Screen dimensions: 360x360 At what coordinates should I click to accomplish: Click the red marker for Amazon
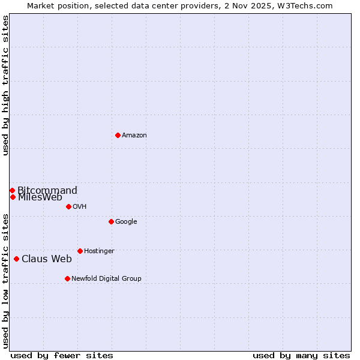coord(118,135)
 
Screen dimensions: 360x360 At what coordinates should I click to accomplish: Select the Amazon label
coord(134,136)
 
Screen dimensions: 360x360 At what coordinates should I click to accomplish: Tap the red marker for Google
coord(111,221)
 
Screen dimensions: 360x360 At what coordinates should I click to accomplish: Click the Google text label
coord(126,222)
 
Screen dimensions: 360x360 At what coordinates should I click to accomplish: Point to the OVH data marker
coord(68,206)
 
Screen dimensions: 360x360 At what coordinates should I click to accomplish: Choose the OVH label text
coord(80,207)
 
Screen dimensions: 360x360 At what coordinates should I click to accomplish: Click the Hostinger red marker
coord(80,251)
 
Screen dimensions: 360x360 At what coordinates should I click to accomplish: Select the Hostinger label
coord(99,251)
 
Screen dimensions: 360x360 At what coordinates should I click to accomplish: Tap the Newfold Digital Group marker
coord(67,278)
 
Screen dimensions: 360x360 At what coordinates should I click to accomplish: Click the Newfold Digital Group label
coord(106,279)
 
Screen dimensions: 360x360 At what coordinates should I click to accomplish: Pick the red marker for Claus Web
coord(16,259)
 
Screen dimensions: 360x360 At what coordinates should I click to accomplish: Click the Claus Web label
coord(47,259)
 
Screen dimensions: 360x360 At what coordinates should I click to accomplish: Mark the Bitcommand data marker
coord(12,190)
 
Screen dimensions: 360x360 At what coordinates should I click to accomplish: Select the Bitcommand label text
coord(47,191)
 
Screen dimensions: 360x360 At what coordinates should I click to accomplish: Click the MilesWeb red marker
coord(13,197)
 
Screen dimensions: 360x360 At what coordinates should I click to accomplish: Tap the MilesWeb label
coord(40,197)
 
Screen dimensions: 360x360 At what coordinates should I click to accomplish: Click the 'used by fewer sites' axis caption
coord(62,356)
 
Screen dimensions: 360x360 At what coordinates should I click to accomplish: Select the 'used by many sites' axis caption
coord(301,356)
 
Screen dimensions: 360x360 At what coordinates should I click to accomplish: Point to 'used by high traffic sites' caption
coord(6,85)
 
